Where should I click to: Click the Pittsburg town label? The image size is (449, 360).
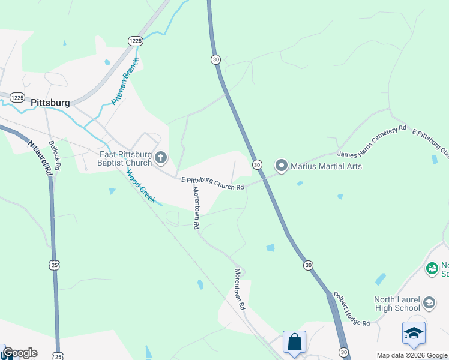pos(50,103)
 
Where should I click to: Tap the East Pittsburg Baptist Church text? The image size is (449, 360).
pos(125,158)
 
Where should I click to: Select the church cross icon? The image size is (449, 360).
pos(161,158)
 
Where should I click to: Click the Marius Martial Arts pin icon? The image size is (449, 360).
pos(281,165)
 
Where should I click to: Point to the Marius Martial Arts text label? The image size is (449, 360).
pos(326,166)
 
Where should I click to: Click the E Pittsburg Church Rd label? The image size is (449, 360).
pos(212,184)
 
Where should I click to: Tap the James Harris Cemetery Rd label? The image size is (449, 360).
pos(372,142)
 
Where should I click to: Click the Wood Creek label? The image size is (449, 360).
pos(140,186)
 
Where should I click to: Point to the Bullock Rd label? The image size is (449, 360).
pos(55,154)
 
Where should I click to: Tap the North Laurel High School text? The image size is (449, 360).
pos(389,304)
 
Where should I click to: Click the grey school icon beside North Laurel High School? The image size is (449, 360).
pos(429,302)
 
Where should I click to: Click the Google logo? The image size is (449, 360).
pos(19,353)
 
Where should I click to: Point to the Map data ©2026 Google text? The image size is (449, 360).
pos(412,355)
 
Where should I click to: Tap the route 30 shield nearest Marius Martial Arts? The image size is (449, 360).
pos(257,164)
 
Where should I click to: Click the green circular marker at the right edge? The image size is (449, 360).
pos(432,268)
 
